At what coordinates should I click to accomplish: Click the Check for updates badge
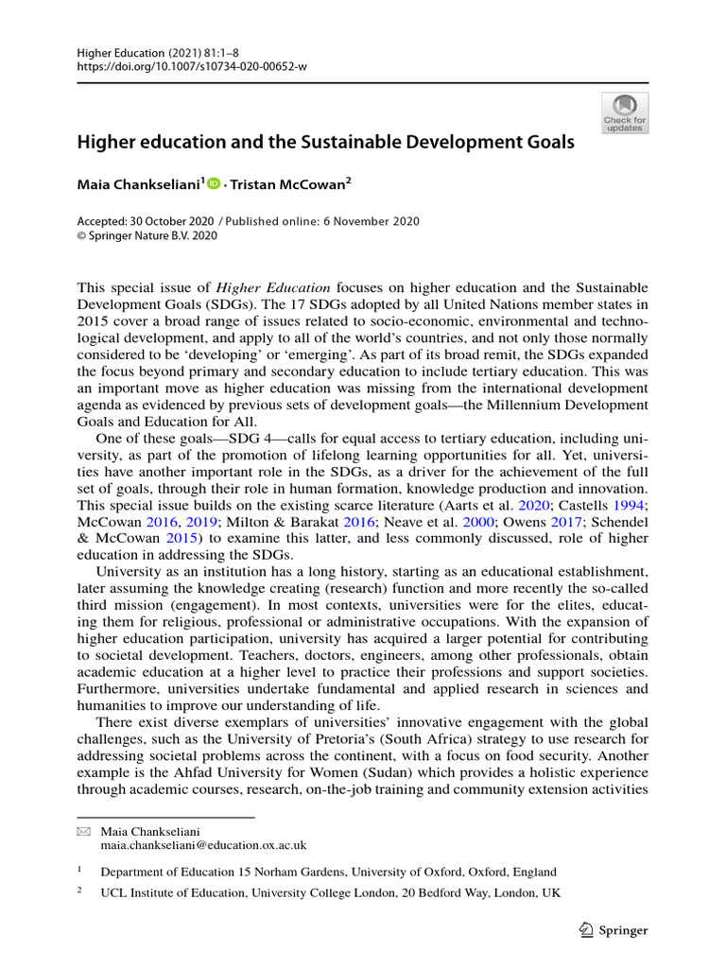(x=624, y=113)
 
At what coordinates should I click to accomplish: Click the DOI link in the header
(x=192, y=66)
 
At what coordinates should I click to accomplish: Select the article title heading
(x=325, y=143)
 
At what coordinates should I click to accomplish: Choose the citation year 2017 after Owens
(x=564, y=521)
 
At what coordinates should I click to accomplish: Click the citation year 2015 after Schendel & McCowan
(x=180, y=537)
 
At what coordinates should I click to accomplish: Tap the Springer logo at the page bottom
(x=613, y=930)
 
